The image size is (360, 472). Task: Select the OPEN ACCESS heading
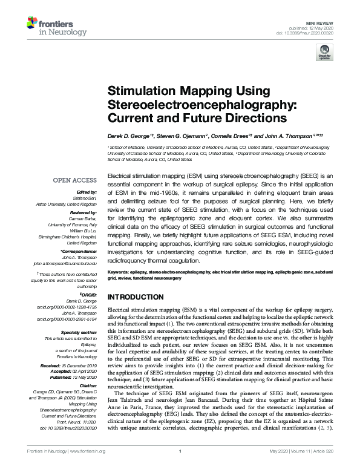76,180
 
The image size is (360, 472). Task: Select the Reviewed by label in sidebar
82,214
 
